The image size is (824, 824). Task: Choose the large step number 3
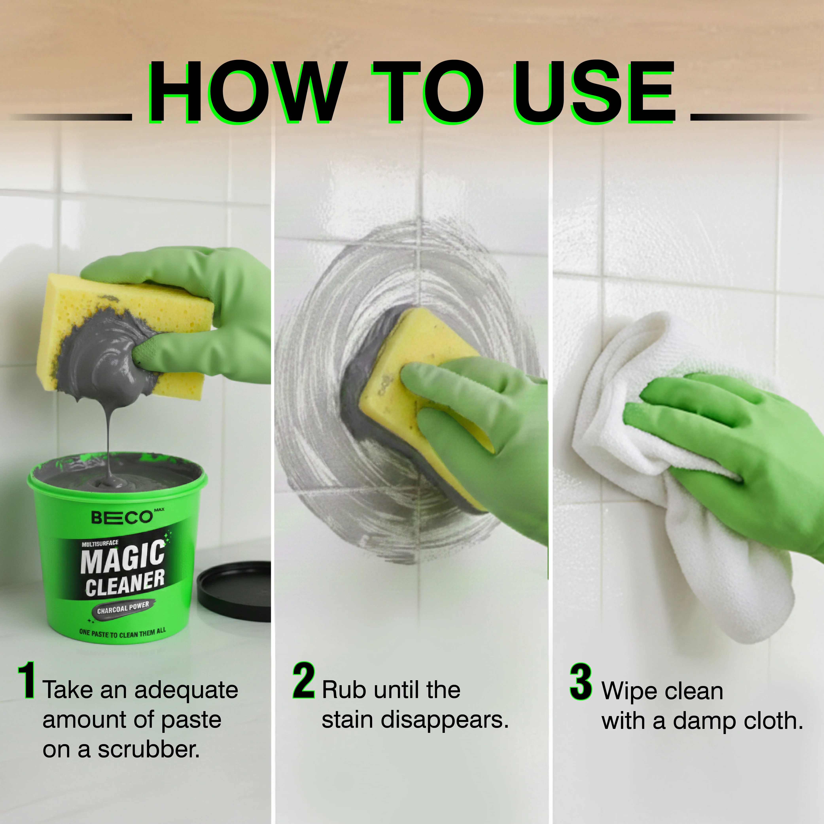coord(581,681)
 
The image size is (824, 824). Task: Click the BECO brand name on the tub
coord(122,517)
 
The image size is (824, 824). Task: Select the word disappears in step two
coord(444,721)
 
